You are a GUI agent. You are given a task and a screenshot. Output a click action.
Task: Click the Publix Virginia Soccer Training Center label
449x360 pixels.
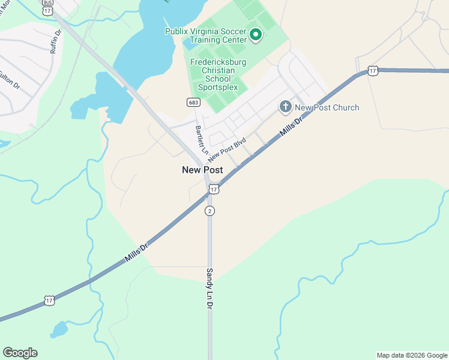point(205,35)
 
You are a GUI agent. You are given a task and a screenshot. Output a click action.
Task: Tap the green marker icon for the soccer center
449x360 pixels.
point(256,35)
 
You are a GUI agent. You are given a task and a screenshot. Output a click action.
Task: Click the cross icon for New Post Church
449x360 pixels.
point(285,107)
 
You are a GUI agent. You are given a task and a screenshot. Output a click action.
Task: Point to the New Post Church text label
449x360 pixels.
point(327,108)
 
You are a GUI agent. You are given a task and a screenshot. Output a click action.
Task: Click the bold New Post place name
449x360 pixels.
point(202,170)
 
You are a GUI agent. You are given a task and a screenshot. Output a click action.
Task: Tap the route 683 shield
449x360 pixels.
point(193,102)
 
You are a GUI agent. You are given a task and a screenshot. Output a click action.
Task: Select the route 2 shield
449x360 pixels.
point(209,211)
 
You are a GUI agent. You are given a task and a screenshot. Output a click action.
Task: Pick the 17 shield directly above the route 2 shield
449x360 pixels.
point(214,190)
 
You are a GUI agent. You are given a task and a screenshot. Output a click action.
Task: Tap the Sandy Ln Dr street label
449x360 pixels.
point(210,289)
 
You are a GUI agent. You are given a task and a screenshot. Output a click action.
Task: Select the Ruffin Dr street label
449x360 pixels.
point(55,42)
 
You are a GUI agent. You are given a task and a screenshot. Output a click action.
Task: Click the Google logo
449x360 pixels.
point(20,353)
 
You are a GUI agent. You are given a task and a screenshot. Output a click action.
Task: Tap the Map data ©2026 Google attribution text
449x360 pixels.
point(411,355)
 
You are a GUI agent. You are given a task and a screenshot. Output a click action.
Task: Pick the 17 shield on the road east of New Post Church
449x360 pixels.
point(373,71)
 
